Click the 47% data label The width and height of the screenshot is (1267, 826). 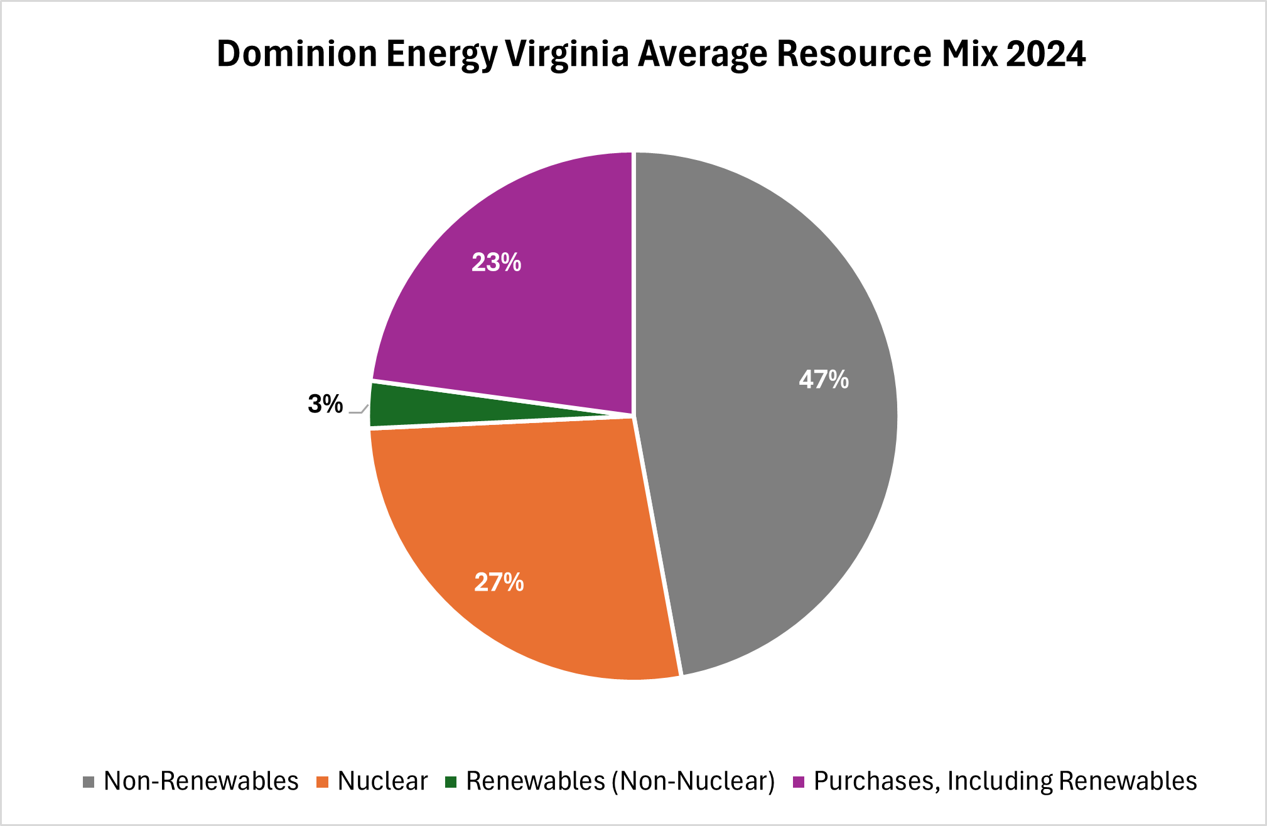coord(823,380)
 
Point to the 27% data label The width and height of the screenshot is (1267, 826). coord(499,582)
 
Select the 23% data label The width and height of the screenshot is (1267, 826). coord(496,262)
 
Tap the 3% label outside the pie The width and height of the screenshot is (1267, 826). coord(325,404)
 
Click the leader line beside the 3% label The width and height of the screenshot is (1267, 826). coord(359,410)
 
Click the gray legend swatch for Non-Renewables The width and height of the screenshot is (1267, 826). coord(89,782)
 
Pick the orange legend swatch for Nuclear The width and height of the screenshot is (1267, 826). coord(323,782)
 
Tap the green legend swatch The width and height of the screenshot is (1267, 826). coord(450,782)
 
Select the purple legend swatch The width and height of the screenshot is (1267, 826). coord(799,782)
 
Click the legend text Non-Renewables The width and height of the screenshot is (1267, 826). coord(201,781)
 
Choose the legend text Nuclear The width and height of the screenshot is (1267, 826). coord(382,781)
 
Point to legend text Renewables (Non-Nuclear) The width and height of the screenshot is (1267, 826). coord(620,781)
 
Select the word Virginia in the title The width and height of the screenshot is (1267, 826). coord(567,54)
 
